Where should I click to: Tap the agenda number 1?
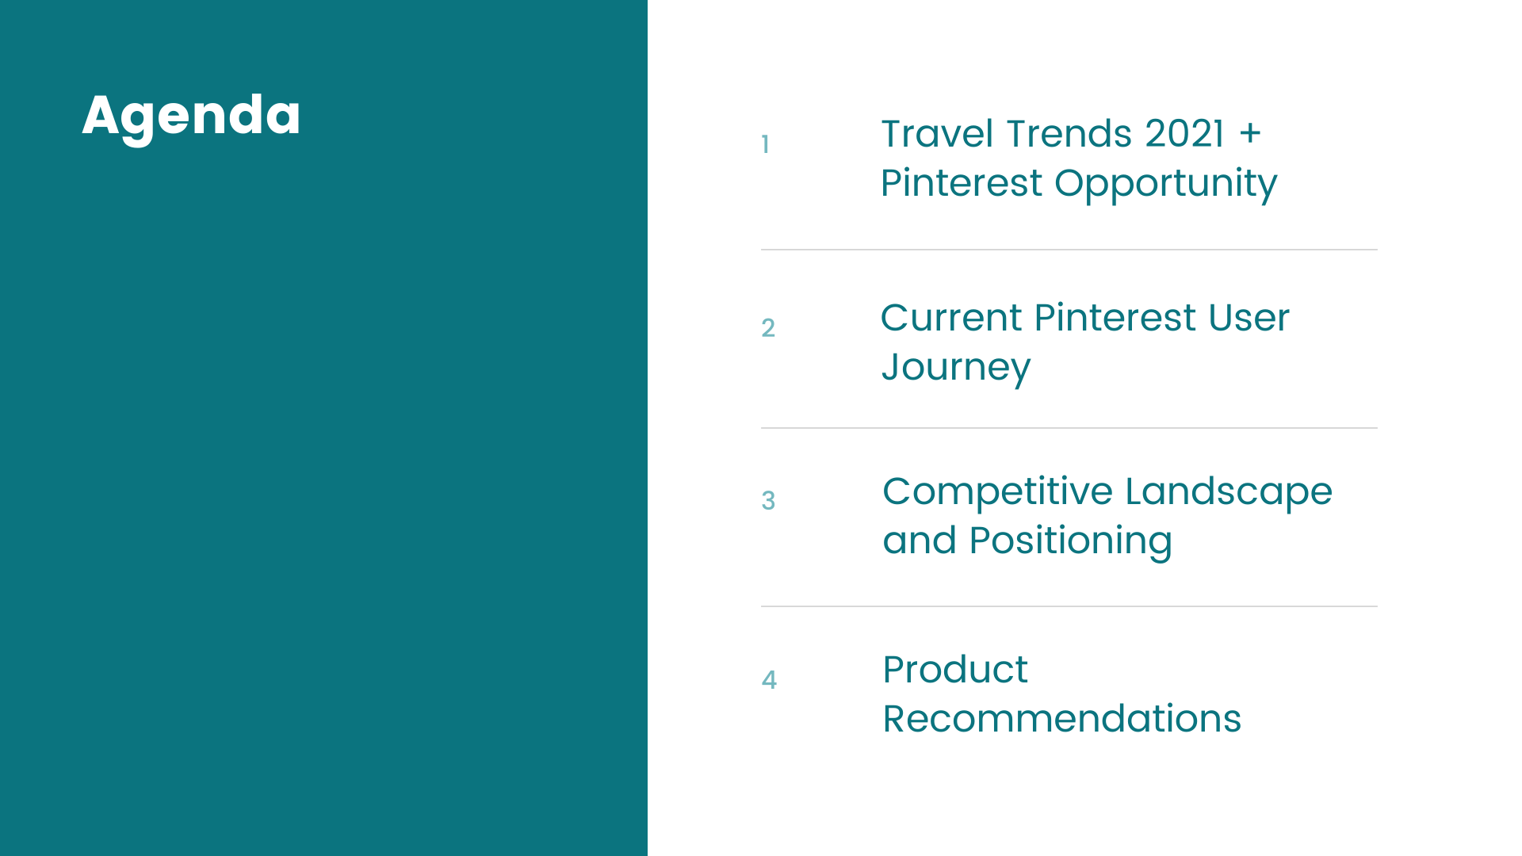pos(765,144)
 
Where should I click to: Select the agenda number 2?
pos(768,328)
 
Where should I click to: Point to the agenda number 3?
pos(768,501)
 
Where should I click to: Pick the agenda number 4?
pos(769,680)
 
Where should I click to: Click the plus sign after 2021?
pos(1250,134)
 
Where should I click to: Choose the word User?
pos(1249,318)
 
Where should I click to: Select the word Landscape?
pos(1229,493)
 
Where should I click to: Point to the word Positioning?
pos(1071,542)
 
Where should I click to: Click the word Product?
pos(955,670)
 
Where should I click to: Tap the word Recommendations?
pos(1062,719)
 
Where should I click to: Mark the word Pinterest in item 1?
pos(962,183)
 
